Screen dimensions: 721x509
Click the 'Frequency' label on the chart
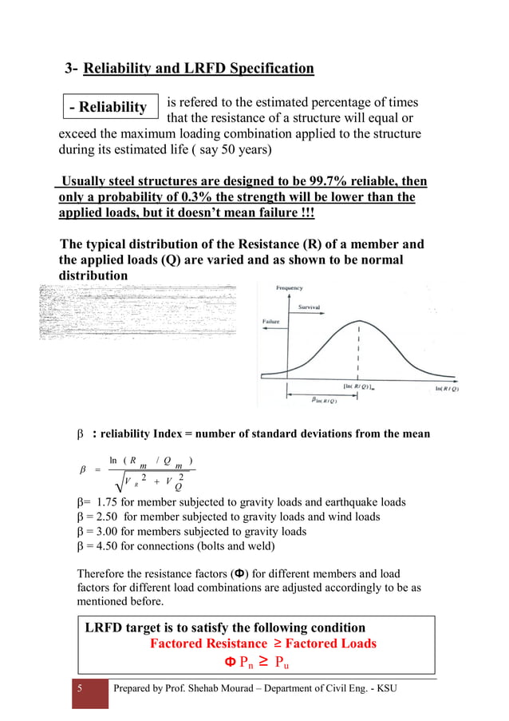(289, 287)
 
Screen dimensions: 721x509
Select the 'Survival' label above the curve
(310, 307)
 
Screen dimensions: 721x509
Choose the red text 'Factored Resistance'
(208, 644)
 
